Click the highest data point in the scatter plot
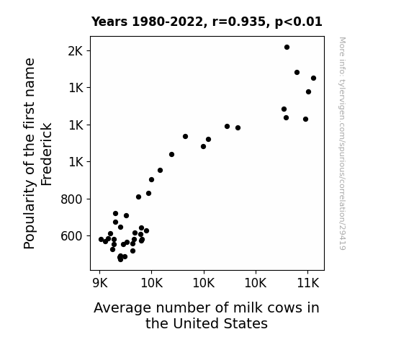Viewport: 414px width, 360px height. tap(287, 48)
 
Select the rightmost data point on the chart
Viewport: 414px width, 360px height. tap(313, 78)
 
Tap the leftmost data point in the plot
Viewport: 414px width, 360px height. tap(101, 240)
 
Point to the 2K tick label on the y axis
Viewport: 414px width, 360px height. tap(76, 51)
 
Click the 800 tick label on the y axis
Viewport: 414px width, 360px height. tap(72, 199)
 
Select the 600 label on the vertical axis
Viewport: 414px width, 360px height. tap(72, 236)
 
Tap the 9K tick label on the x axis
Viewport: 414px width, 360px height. tap(100, 283)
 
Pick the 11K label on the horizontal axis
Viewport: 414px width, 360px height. tap(308, 283)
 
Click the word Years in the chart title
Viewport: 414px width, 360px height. tap(109, 22)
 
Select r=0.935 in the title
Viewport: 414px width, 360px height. tap(239, 22)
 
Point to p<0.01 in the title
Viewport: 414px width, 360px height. tap(298, 22)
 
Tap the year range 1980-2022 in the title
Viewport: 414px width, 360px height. tap(167, 22)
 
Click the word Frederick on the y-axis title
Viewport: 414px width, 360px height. tap(47, 154)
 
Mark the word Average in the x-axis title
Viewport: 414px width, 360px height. tap(122, 308)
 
